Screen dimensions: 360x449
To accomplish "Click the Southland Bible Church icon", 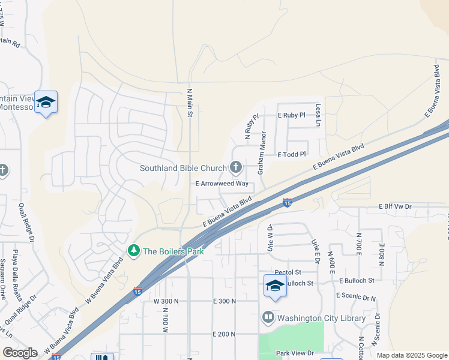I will [236, 168].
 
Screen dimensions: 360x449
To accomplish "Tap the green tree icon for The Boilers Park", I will [134, 251].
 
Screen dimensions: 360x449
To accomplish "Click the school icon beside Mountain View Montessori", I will [46, 103].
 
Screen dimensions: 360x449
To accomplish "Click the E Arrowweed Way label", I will [221, 184].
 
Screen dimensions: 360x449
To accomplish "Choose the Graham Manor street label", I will [262, 154].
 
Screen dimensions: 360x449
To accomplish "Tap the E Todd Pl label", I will [292, 154].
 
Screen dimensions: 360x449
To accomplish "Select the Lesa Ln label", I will [319, 114].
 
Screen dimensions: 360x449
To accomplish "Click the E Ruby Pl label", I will [292, 114].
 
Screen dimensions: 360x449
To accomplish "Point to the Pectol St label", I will [287, 272].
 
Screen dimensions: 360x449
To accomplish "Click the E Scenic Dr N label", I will [355, 296].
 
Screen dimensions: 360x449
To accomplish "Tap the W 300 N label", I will [166, 301].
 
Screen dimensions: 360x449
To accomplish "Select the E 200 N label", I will [225, 334].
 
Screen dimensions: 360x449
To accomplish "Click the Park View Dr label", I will [294, 353].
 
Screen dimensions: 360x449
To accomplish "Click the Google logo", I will [20, 353].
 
